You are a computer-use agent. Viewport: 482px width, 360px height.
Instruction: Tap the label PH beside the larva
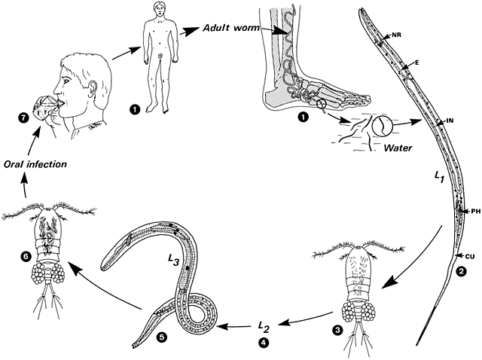475,211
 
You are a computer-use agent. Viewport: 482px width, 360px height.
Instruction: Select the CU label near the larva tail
470,258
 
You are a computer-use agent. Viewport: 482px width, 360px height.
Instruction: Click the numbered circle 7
23,117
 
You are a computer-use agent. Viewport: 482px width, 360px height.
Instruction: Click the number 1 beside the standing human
136,109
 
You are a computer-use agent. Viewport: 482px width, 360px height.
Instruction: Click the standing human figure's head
158,13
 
